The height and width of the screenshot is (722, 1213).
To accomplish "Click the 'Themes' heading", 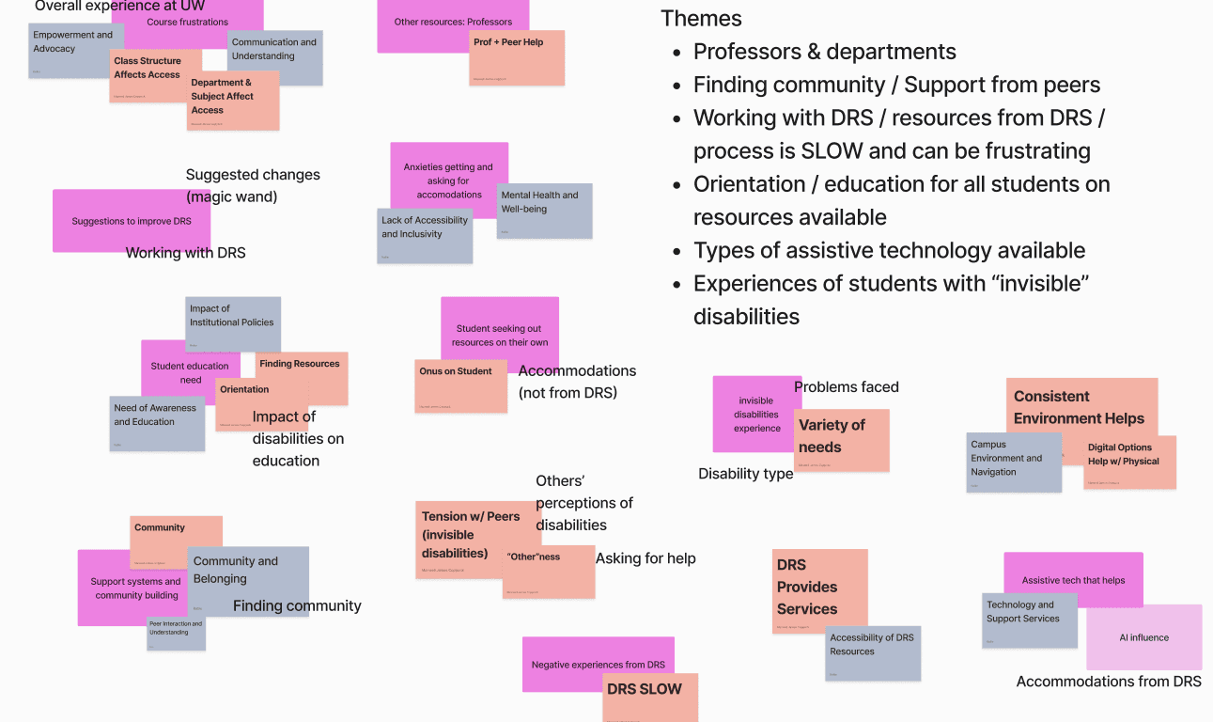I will [x=701, y=19].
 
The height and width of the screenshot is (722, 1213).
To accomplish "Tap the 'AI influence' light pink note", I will [x=1143, y=637].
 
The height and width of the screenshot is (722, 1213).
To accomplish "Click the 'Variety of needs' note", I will [x=841, y=438].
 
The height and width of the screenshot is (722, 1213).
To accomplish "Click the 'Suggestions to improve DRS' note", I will [x=131, y=222].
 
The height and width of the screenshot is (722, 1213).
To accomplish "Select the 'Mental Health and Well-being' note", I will [x=544, y=210].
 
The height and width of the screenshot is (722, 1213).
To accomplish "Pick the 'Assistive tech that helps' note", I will [x=1073, y=580].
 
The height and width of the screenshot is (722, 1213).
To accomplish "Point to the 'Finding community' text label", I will [x=297, y=606].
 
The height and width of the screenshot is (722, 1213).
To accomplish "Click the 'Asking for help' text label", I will [x=645, y=558].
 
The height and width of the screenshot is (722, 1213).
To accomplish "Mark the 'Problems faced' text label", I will [x=846, y=387].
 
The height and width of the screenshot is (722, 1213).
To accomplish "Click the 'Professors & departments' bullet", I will [x=824, y=52].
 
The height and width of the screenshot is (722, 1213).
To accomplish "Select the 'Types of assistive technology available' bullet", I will [x=889, y=250].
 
